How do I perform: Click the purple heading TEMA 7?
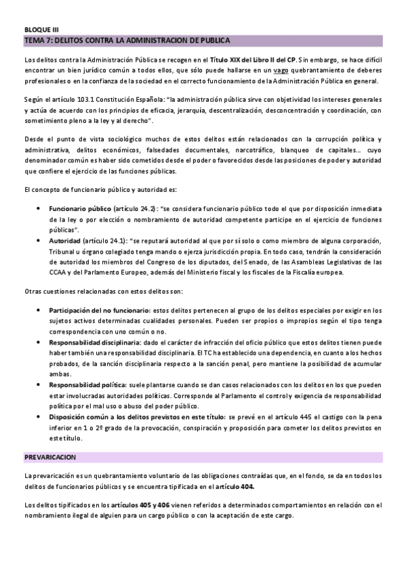[126, 41]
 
